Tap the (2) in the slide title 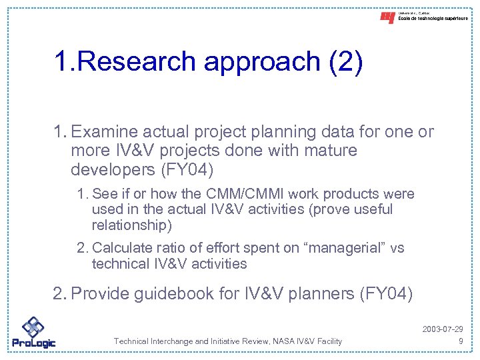pos(345,61)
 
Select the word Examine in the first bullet pos(104,132)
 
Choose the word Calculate pos(123,248)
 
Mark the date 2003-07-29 pos(443,329)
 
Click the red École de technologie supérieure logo pos(387,18)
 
